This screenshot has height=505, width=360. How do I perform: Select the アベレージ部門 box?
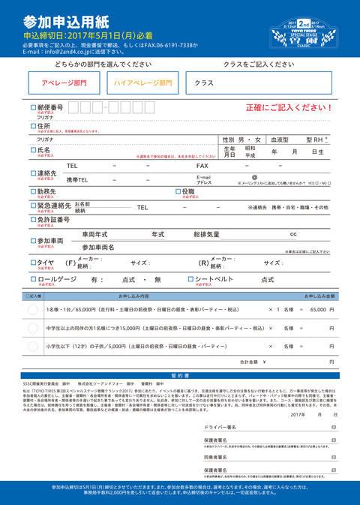[64, 84]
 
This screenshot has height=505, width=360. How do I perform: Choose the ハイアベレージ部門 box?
[143, 84]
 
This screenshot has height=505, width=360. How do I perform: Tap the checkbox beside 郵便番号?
[33, 108]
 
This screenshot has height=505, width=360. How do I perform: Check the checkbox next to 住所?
[33, 126]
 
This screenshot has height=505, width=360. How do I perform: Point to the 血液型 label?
[280, 140]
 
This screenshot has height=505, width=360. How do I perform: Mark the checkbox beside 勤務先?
[33, 191]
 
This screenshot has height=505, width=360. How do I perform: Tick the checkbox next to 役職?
[178, 191]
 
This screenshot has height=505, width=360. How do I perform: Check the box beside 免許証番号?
[33, 220]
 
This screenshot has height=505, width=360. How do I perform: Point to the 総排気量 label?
[206, 235]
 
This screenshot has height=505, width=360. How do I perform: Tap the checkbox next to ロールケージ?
[33, 279]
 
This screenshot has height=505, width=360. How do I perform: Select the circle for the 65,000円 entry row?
[33, 309]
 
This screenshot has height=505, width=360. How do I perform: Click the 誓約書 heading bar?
[180, 374]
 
